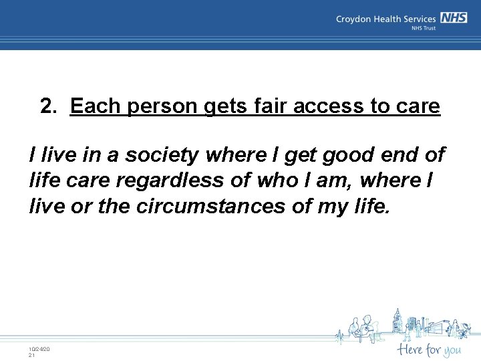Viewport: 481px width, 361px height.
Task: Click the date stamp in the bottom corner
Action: (39, 352)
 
